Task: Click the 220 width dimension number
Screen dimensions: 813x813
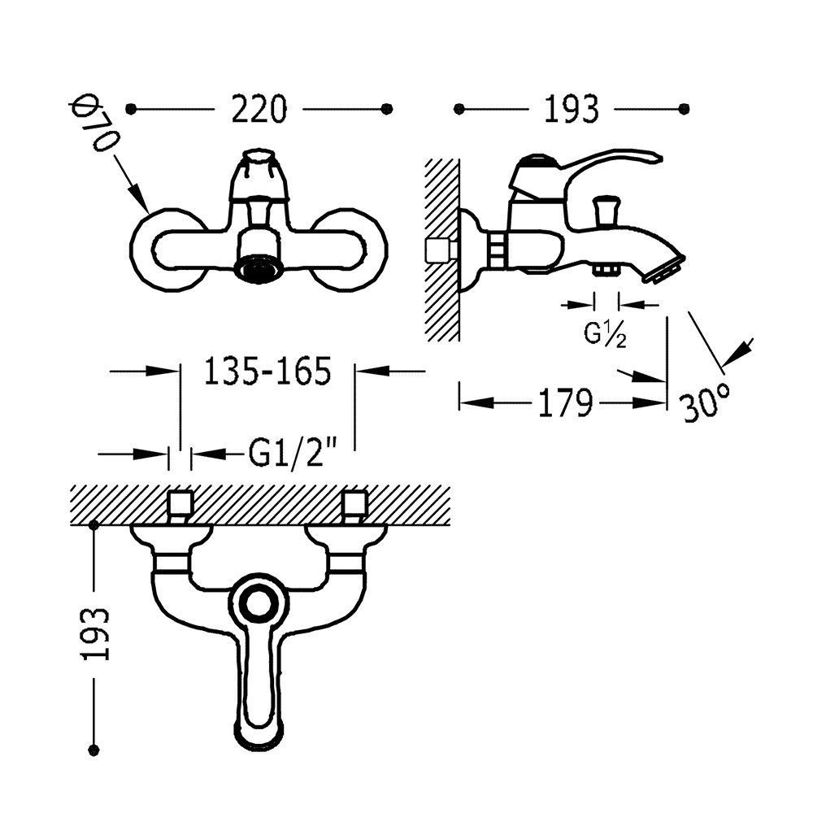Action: (x=259, y=109)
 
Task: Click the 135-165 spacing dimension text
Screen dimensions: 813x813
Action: (x=267, y=372)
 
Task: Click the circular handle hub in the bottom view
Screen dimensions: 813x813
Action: (x=259, y=605)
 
